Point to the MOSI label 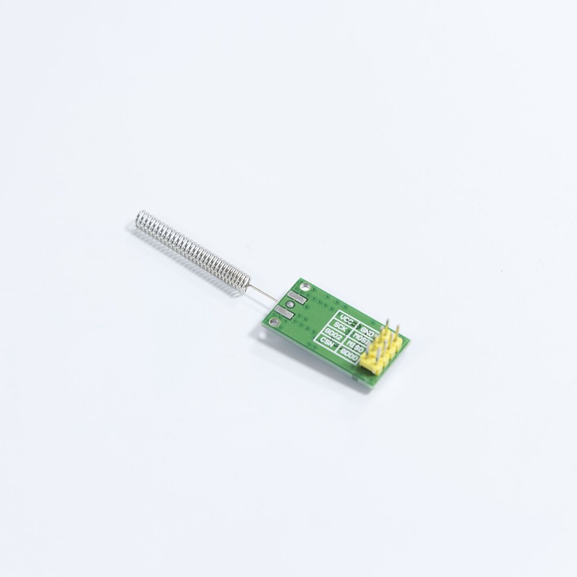click(362, 340)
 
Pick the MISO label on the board click(356, 347)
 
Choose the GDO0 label click(349, 356)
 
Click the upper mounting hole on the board click(305, 287)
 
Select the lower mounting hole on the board click(274, 322)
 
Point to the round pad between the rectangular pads click(290, 304)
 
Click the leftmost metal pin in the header click(370, 344)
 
